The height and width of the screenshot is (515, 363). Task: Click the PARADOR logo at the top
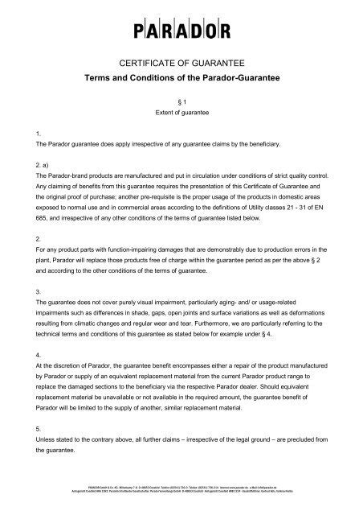click(181, 32)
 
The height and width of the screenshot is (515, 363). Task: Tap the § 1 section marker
click(181, 101)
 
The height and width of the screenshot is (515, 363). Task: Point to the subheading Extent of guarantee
click(181, 113)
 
